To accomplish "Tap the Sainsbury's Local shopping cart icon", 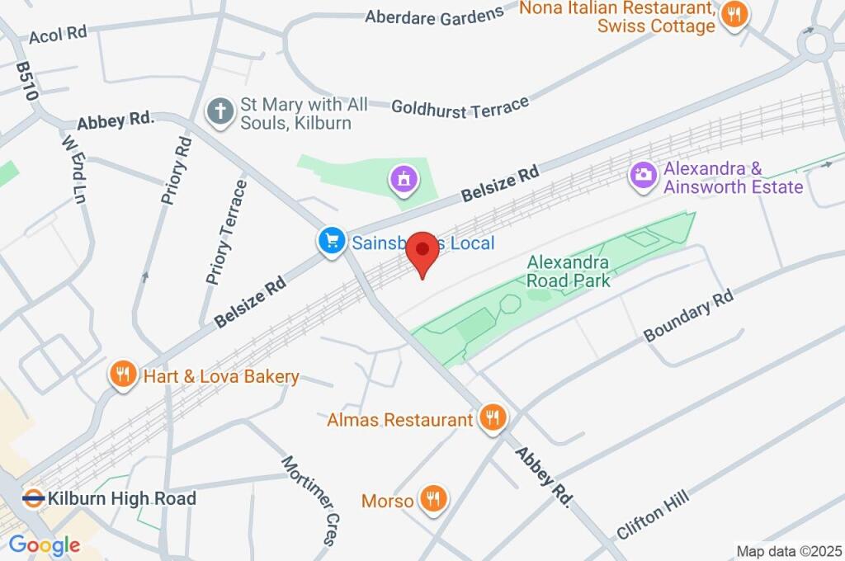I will [x=332, y=242].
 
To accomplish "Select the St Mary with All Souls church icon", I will [x=220, y=113].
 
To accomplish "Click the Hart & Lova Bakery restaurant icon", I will [x=123, y=376].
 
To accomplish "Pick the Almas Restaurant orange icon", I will [x=493, y=418].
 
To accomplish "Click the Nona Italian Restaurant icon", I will [x=733, y=15].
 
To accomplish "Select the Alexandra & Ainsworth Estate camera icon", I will [x=644, y=175].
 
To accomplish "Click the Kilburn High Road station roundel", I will [x=33, y=498].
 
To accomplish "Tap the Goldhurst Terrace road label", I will [x=460, y=107].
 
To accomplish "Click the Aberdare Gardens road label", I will [x=434, y=15].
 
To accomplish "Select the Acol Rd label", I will [x=58, y=35].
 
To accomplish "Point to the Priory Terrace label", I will [x=226, y=233].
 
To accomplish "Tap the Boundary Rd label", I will [x=688, y=321].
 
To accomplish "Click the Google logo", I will [x=45, y=544].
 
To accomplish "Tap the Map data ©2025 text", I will [x=788, y=551].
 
